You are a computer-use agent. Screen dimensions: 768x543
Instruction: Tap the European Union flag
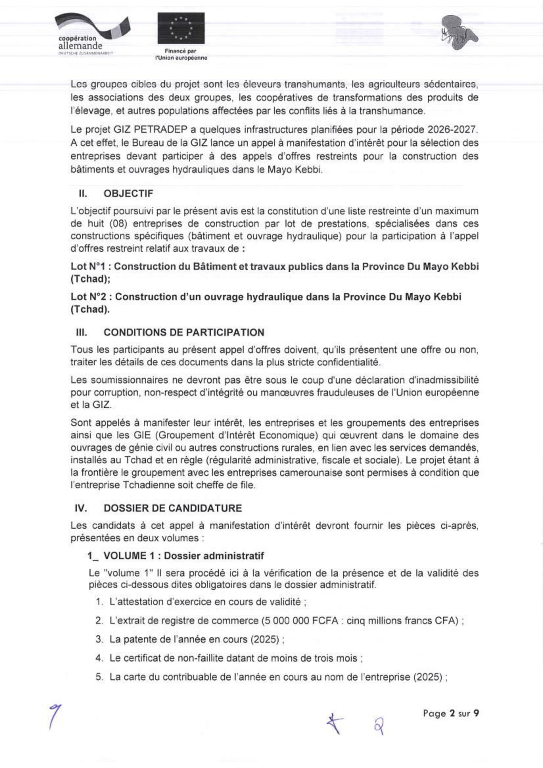pos(181,28)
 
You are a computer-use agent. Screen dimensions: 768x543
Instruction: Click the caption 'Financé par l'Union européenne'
pos(181,55)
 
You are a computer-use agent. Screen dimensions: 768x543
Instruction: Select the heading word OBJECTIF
pos(128,193)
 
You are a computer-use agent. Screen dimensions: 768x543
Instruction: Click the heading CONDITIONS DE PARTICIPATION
pos(184,332)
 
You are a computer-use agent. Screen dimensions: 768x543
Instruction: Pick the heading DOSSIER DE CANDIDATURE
pos(173,508)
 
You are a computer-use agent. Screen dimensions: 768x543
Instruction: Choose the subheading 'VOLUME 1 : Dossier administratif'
pos(183,555)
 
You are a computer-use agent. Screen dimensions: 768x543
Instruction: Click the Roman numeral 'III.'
pos(81,332)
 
